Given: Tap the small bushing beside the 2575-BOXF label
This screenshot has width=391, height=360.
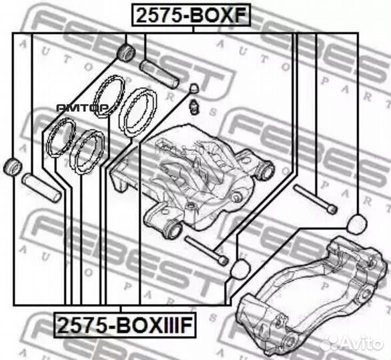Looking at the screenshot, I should click(125, 51).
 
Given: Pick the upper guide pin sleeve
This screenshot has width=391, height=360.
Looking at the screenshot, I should click(158, 73).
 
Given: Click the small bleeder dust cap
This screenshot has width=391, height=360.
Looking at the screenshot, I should click(194, 88).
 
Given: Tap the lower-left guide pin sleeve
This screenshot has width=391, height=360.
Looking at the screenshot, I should click(42, 187).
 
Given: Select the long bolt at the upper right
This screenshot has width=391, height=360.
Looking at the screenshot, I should click(314, 199).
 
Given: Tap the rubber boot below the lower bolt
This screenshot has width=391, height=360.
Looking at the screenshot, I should click(238, 269).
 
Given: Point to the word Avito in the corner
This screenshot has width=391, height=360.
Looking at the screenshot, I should click(364, 343).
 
